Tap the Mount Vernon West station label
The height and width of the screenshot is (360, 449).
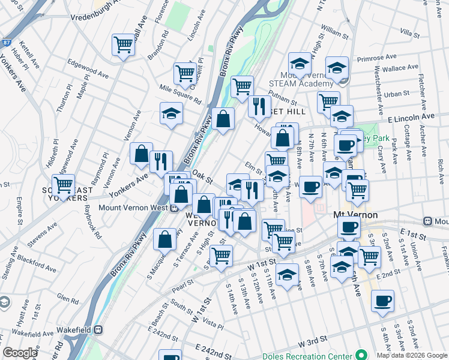(x=137, y=208)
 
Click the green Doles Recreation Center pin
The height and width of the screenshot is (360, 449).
(x=361, y=355)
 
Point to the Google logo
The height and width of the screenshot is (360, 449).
(x=20, y=353)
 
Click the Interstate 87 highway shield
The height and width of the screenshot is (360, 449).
(x=5, y=42)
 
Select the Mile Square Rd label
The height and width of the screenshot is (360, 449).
(x=178, y=92)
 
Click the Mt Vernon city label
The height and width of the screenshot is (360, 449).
(x=355, y=215)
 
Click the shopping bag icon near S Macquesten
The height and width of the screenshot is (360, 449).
(x=165, y=239)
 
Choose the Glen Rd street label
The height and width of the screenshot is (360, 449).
(x=63, y=296)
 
